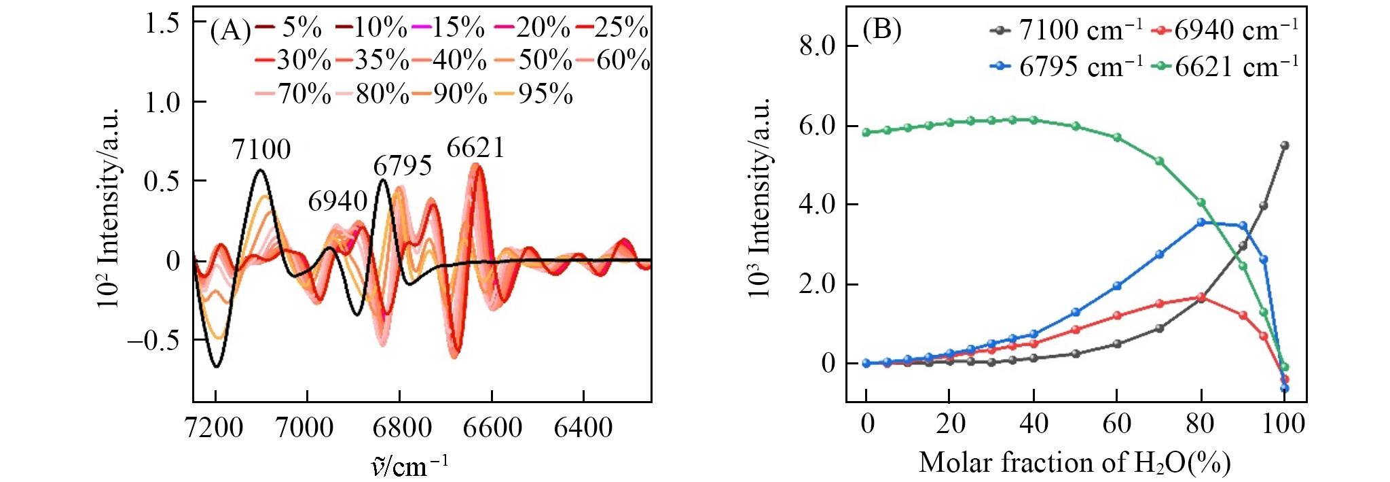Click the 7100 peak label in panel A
261,150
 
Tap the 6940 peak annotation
337,201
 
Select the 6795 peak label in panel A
403,166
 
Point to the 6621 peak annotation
475,148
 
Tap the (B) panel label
881,31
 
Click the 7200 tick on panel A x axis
215,428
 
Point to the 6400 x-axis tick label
583,428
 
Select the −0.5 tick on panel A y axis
153,340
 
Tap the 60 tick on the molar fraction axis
1116,424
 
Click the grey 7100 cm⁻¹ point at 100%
1284,145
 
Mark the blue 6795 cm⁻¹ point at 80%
1201,222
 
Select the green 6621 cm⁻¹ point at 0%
866,133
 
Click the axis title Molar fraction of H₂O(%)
1074,463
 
